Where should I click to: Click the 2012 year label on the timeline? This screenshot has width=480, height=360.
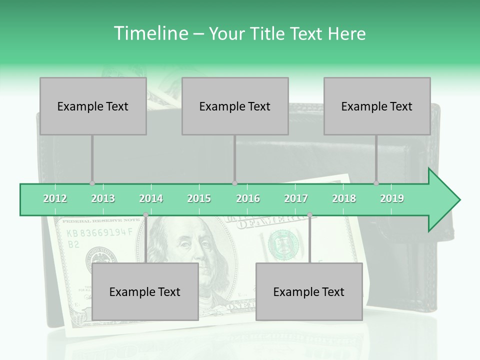55,198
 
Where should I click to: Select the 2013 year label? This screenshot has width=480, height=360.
103,198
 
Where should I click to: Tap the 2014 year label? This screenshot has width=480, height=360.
151,198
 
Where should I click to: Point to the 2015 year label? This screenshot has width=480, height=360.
199,198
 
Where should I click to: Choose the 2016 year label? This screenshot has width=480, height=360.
248,198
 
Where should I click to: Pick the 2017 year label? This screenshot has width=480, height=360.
296,198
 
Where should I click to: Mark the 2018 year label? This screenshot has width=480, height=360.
344,198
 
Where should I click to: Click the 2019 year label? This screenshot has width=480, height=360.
392,198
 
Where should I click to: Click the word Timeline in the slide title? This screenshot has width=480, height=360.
150,33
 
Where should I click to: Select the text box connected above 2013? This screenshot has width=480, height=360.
93,106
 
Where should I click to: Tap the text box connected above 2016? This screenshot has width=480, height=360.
235,106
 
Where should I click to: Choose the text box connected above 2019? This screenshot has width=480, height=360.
377,106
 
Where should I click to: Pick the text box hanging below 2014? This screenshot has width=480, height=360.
145,291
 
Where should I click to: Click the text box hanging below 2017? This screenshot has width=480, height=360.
309,291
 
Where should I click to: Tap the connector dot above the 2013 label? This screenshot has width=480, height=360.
92,183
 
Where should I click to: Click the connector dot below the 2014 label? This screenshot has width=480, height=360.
146,215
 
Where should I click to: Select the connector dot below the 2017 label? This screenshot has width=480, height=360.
309,215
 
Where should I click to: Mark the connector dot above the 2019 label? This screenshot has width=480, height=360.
376,183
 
